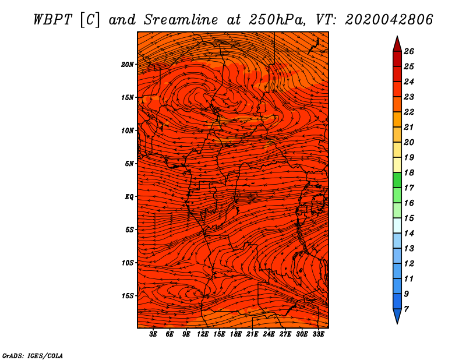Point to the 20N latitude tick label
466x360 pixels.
pos(128,64)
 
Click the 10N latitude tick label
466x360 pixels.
pos(128,130)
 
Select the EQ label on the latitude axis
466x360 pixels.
pos(129,196)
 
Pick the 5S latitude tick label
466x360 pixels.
pos(129,230)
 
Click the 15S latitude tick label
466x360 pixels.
pos(128,295)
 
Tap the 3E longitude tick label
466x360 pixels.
pos(154,334)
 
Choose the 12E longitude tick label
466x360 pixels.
pos(203,334)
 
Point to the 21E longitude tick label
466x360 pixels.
pos(252,334)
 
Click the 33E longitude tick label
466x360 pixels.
pos(317,334)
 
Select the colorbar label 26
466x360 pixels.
pos(408,51)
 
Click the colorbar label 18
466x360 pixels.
pos(408,172)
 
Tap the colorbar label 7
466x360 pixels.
pos(406,309)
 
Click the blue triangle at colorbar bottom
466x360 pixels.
pos(397,316)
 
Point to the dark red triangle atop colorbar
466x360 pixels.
pos(397,44)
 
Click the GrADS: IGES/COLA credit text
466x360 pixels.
pos(32,355)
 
